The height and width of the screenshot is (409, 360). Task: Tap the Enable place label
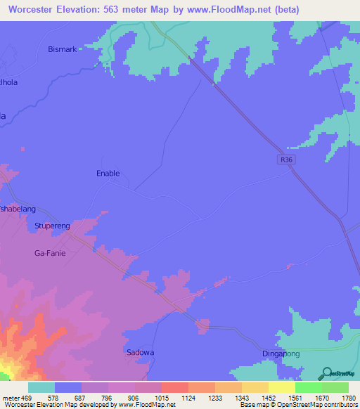coord(108,173)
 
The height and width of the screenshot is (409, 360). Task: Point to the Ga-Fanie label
coord(50,253)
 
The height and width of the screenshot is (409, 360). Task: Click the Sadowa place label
coord(139,352)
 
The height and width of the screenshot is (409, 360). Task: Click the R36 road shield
coord(283,160)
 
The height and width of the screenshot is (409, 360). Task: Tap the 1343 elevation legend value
coord(241,398)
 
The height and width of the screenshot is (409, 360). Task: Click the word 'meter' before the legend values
coord(11,398)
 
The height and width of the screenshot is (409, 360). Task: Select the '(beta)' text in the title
coord(284,10)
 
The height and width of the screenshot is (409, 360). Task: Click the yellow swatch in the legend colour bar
coord(281,387)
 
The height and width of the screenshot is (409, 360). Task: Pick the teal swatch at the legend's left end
coord(41,387)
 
